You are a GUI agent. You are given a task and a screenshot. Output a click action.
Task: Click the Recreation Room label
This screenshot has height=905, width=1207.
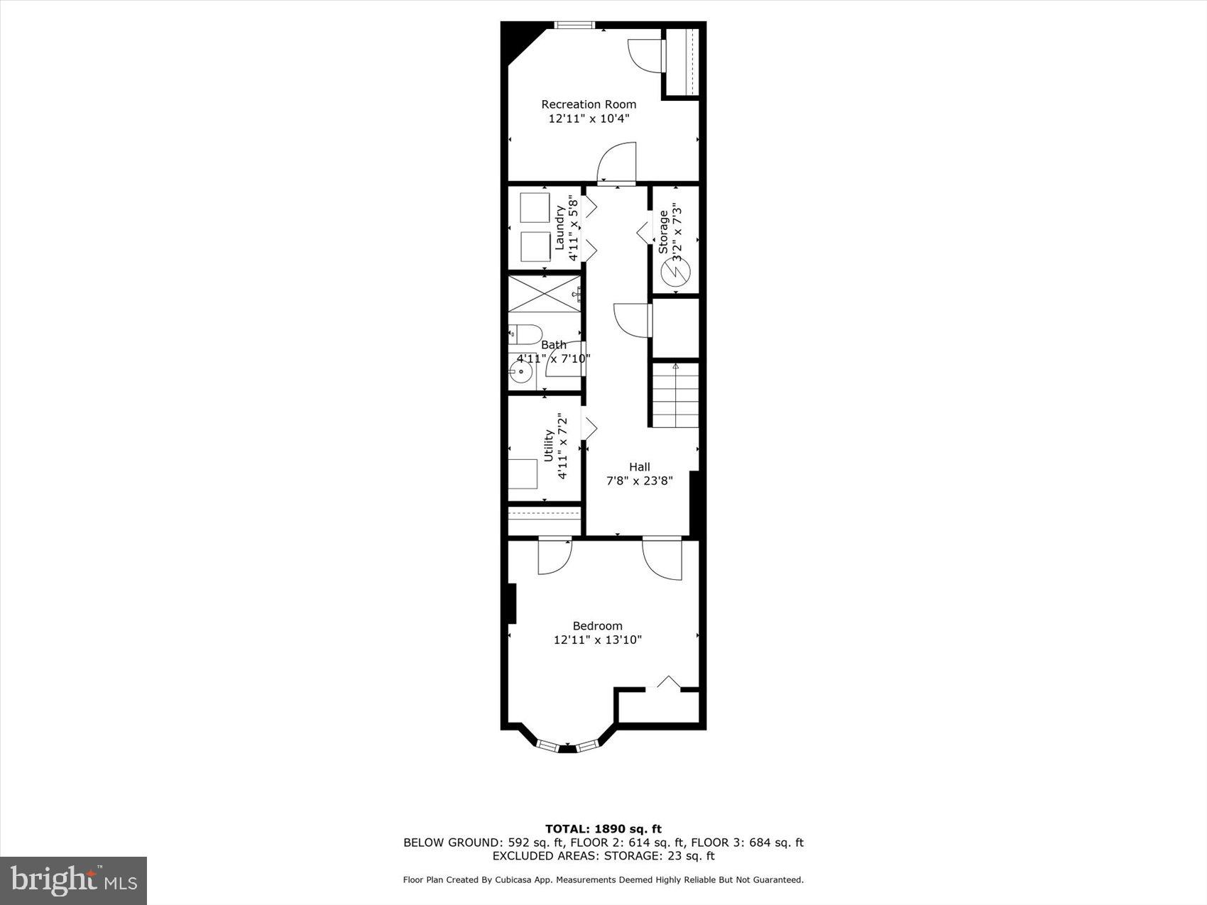589,104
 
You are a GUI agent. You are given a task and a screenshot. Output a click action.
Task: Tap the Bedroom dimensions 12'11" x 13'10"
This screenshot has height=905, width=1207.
597,640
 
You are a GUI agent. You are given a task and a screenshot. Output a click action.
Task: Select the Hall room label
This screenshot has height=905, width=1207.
639,467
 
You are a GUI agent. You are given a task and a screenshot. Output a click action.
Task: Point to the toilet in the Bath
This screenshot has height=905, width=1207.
525,334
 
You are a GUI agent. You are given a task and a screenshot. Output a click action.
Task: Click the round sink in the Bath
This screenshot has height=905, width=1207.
520,372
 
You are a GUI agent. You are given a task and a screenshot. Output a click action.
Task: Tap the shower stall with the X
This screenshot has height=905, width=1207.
545,293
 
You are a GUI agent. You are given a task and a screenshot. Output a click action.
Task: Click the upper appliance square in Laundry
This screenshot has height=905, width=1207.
535,207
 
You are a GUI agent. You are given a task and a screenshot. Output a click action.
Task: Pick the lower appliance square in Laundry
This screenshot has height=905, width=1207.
535,246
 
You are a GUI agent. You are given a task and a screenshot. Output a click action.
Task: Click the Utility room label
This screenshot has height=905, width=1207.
548,446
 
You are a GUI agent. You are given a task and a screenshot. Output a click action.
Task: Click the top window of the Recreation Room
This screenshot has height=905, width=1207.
574,26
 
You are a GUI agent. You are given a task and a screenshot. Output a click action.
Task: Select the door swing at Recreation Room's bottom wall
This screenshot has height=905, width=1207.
616,163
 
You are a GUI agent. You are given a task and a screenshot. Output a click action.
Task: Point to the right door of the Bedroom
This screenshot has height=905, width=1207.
662,559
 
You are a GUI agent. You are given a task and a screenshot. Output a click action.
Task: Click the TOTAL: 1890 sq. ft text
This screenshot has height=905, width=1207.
603,828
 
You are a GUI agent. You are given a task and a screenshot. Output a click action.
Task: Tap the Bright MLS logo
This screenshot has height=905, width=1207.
74,881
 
